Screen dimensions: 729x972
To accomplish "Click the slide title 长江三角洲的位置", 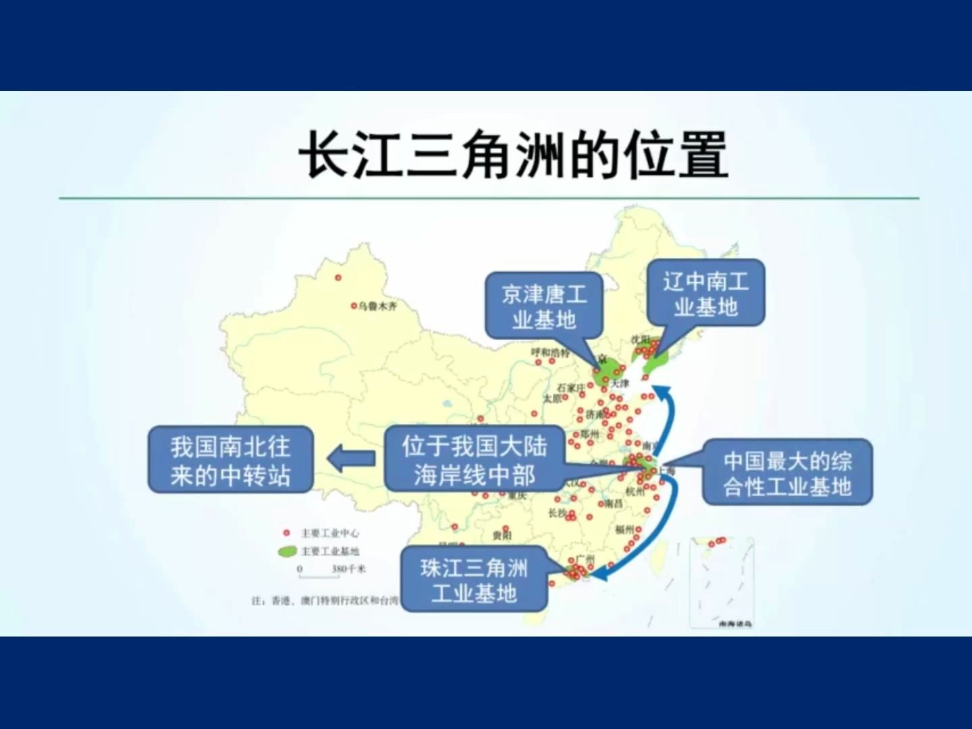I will click(x=513, y=155).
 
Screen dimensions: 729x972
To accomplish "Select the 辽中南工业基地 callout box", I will click(x=705, y=293).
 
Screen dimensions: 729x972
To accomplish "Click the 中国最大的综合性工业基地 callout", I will click(x=787, y=473).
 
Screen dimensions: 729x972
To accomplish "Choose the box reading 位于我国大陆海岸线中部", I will click(x=475, y=459).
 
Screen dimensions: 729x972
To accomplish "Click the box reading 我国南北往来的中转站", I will click(x=230, y=460).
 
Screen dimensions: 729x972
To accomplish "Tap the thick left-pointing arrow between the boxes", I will click(x=351, y=459).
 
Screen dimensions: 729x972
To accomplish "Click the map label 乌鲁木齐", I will click(x=378, y=306).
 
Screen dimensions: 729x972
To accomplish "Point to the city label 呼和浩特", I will click(x=550, y=352).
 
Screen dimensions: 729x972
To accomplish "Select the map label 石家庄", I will click(x=571, y=387).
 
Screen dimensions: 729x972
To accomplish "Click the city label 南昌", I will click(x=614, y=504).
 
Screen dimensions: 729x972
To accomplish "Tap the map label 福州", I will click(x=624, y=529).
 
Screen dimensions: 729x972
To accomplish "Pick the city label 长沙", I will click(x=557, y=513).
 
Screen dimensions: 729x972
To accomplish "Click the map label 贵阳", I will click(x=502, y=535).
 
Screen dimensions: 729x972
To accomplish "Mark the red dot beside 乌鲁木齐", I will click(x=353, y=306).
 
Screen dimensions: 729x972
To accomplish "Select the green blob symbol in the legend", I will click(x=288, y=551).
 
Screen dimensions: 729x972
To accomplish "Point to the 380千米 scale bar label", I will click(x=348, y=569).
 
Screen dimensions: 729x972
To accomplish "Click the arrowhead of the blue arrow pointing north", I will click(x=663, y=390).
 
